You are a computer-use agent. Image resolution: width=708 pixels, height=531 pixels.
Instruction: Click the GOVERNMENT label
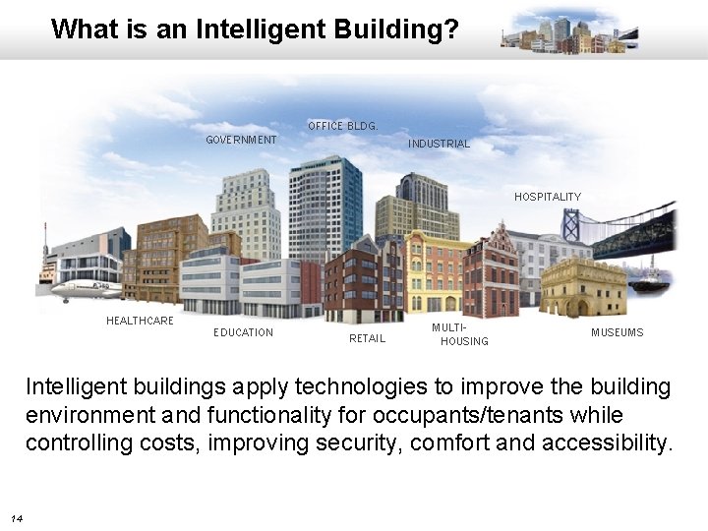coord(241,140)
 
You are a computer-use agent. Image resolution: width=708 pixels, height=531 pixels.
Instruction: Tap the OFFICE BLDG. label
coord(342,126)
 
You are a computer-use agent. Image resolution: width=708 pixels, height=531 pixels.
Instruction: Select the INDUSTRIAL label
coord(439,144)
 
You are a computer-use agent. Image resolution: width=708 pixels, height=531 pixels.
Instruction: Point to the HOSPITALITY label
coord(547,197)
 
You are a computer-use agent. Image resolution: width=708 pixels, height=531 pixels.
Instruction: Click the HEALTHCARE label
coord(140,321)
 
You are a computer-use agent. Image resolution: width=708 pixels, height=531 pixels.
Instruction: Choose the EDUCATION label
coord(243,332)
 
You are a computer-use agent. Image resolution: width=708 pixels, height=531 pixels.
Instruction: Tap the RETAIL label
coord(367,338)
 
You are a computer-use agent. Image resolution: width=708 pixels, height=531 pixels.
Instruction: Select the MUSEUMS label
coord(617,332)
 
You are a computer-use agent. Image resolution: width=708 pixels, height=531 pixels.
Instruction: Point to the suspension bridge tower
coord(570,225)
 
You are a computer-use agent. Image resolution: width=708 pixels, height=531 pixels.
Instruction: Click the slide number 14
coord(17,518)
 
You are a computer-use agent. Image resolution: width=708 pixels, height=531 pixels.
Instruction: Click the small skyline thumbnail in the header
coord(569,32)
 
